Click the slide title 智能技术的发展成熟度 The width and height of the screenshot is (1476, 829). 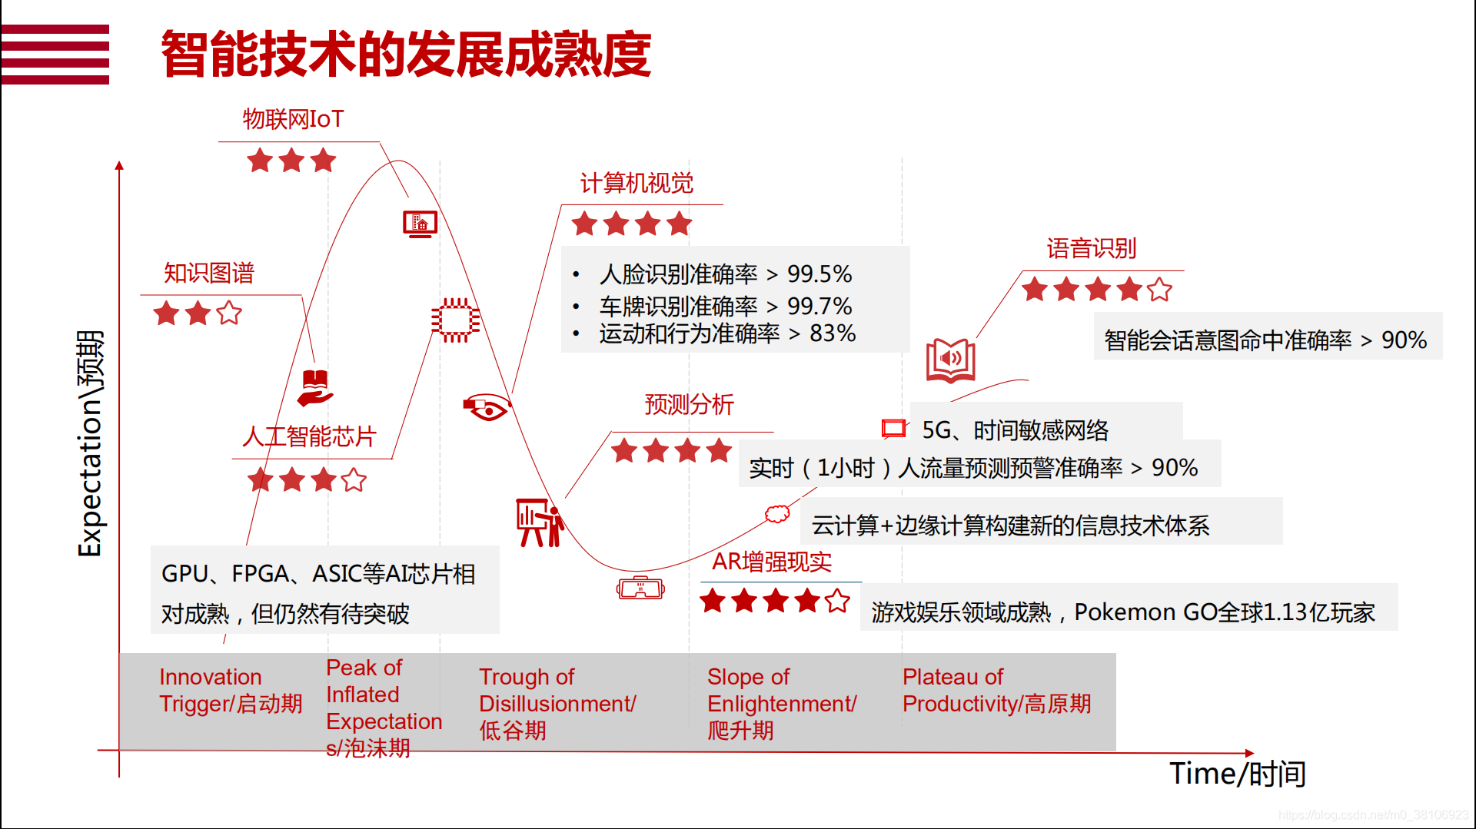click(406, 55)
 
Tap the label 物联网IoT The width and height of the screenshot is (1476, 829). click(293, 119)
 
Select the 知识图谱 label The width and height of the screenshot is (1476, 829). click(208, 273)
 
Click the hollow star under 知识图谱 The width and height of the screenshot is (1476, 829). click(229, 313)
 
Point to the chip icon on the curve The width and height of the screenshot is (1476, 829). click(455, 320)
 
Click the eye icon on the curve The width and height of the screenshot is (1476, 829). click(487, 407)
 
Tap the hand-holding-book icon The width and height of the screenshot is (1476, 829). click(315, 388)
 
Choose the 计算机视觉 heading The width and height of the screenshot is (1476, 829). click(637, 184)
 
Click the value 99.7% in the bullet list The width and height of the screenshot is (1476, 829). click(819, 306)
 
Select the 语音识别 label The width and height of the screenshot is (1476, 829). click(1092, 248)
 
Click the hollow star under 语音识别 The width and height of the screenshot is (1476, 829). click(1159, 290)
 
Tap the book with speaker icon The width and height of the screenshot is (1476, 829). click(951, 360)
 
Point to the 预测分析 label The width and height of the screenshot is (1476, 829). click(690, 404)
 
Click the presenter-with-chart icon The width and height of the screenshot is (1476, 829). click(540, 522)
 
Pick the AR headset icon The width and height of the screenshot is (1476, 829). click(640, 589)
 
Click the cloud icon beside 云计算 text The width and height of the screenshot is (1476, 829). click(777, 514)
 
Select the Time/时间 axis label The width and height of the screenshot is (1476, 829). click(1238, 774)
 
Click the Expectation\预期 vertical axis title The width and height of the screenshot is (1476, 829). click(90, 443)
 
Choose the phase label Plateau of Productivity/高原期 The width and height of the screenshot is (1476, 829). click(996, 690)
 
